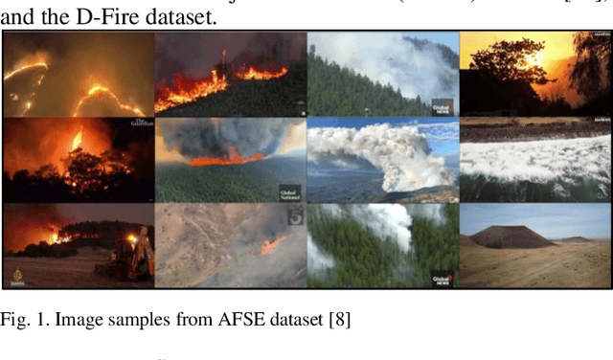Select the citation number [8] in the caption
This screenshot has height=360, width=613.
point(337,320)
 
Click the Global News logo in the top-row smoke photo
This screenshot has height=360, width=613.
point(441,105)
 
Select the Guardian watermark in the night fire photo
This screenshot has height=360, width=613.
point(141,125)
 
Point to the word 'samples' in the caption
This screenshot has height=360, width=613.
point(134,320)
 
